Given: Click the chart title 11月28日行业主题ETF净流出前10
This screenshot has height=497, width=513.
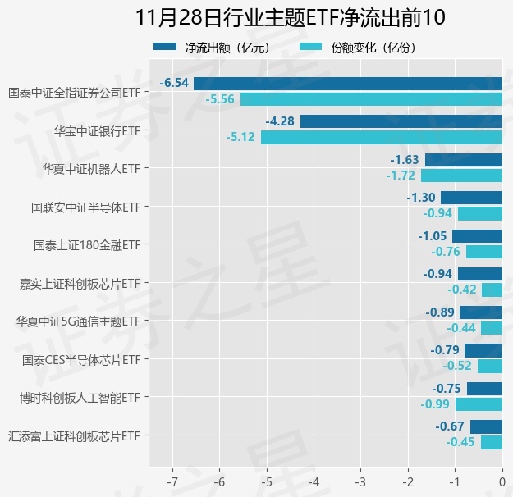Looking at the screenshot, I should (256, 18).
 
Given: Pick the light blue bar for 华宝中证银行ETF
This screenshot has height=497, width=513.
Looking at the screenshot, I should (382, 137).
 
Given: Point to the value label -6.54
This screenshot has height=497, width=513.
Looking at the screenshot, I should (175, 83).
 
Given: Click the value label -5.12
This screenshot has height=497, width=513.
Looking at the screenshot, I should (241, 137).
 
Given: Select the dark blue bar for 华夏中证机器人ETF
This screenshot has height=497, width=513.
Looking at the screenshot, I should (463, 160).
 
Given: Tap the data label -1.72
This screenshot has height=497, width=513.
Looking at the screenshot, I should (401, 176).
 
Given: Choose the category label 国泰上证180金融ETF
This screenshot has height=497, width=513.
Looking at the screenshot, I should (87, 245).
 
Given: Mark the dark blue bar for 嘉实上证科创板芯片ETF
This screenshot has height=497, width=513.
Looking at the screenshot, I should (480, 274).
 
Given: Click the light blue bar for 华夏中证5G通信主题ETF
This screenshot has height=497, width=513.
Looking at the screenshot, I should (492, 328).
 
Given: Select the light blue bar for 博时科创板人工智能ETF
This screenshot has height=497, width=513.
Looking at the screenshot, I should (479, 404).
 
